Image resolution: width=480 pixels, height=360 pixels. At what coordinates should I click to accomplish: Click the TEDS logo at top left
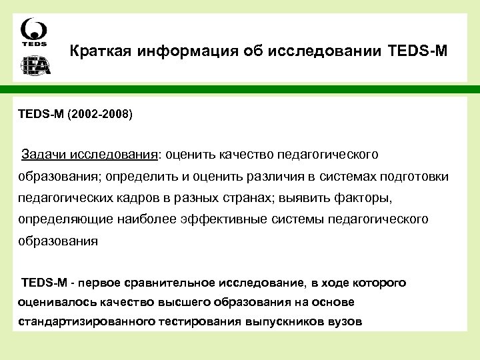tap(33, 33)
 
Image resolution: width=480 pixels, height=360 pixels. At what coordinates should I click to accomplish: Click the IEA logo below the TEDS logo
tap(33, 66)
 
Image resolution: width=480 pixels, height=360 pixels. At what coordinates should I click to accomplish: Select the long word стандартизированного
tap(85, 321)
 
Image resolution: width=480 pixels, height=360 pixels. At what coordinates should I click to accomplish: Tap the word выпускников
tap(290, 321)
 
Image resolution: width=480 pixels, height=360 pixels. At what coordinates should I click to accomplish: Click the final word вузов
tap(343, 321)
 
